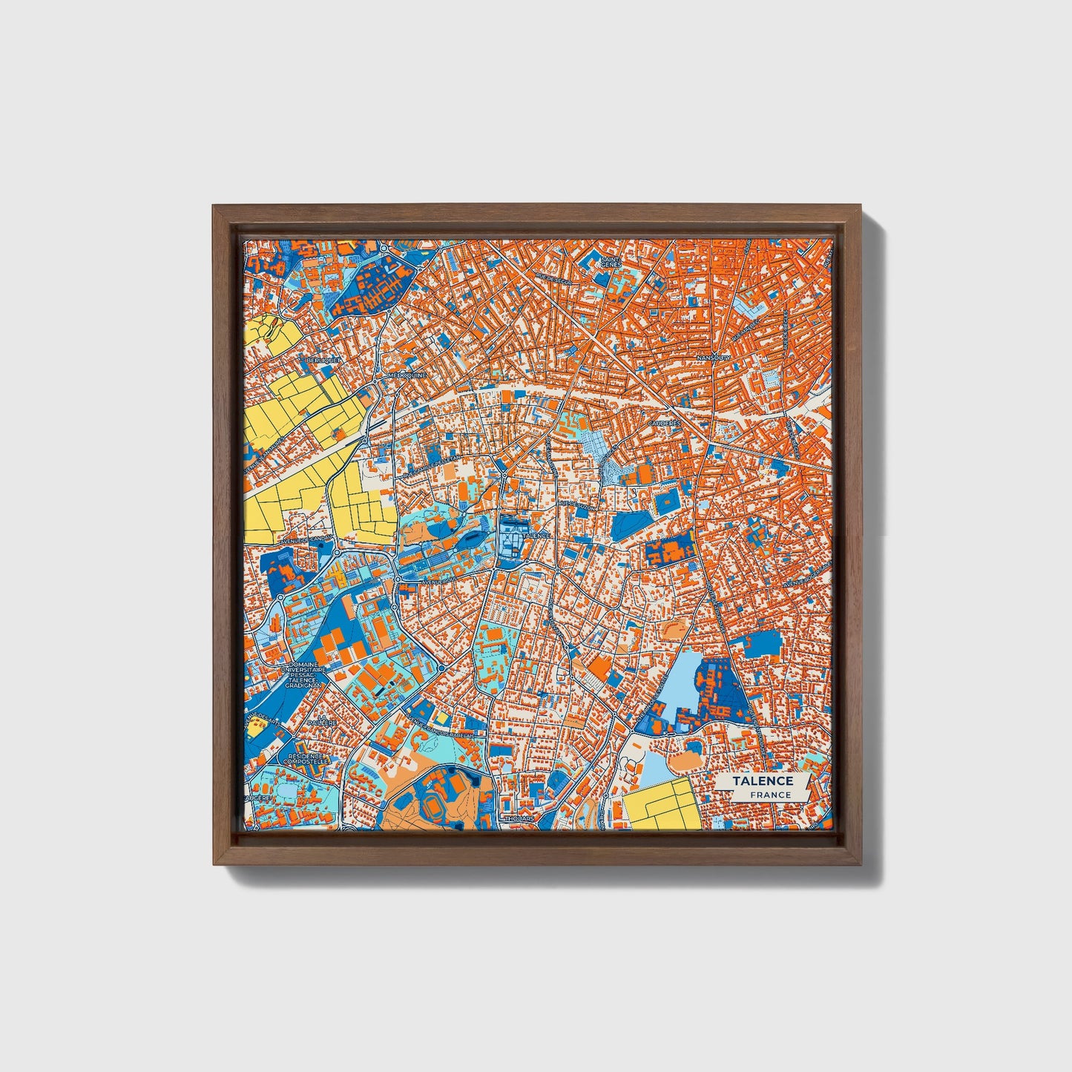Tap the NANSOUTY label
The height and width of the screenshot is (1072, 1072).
tap(714, 358)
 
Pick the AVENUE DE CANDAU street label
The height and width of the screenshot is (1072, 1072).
tap(311, 540)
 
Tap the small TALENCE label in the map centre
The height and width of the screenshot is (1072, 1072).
tap(536, 535)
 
